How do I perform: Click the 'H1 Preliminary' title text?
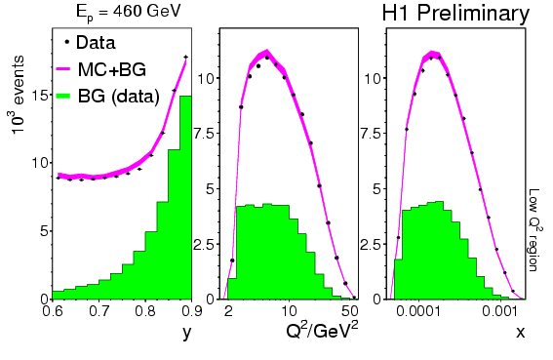pyautogui.click(x=455, y=14)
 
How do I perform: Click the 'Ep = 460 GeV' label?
pyautogui.click(x=128, y=12)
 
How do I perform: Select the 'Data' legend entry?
pyautogui.click(x=90, y=43)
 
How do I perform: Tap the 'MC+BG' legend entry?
pyautogui.click(x=101, y=69)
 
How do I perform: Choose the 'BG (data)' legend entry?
pyautogui.click(x=107, y=97)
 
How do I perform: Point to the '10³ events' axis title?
pyautogui.click(x=18, y=95)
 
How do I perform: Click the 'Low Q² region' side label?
pyautogui.click(x=535, y=230)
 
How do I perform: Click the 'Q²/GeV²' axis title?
pyautogui.click(x=322, y=331)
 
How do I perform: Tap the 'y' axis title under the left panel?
pyautogui.click(x=187, y=333)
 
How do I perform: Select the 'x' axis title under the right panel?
pyautogui.click(x=521, y=332)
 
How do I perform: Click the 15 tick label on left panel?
pyautogui.click(x=40, y=96)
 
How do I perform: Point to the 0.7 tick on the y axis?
pyautogui.click(x=99, y=312)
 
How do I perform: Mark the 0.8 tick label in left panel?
pyautogui.click(x=146, y=312)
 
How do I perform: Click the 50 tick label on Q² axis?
pyautogui.click(x=349, y=311)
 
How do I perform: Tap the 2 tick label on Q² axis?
pyautogui.click(x=228, y=311)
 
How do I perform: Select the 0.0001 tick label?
pyautogui.click(x=418, y=311)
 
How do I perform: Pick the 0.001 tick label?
pyautogui.click(x=500, y=311)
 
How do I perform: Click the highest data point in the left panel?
pyautogui.click(x=186, y=57)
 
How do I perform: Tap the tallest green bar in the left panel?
pyautogui.click(x=186, y=197)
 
